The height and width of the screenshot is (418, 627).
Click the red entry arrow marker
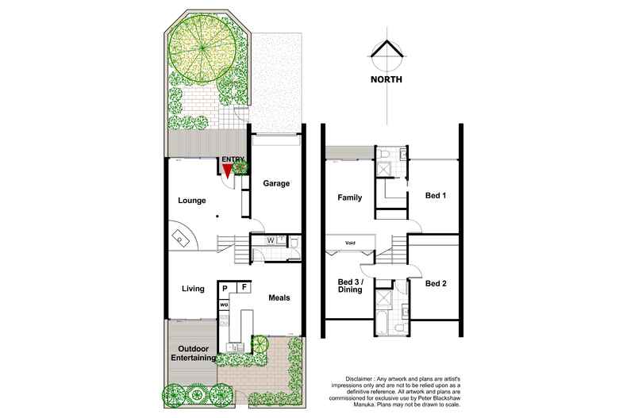pyautogui.click(x=227, y=171)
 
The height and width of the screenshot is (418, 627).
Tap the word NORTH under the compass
pyautogui.click(x=387, y=79)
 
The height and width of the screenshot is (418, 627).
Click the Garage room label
pyautogui.click(x=276, y=183)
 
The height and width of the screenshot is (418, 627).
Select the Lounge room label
pyautogui.click(x=192, y=201)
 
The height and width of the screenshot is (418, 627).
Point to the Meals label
pyautogui.click(x=279, y=297)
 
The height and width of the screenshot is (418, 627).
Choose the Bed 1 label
pyautogui.click(x=436, y=195)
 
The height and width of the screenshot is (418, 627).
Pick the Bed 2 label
pyautogui.click(x=436, y=283)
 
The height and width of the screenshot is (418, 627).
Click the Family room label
pyautogui.click(x=349, y=197)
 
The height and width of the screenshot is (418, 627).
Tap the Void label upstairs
pyautogui.click(x=350, y=243)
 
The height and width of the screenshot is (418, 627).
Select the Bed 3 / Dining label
pyautogui.click(x=350, y=286)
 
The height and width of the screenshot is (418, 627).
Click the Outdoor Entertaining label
pyautogui.click(x=194, y=353)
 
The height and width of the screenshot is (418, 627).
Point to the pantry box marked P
pyautogui.click(x=225, y=288)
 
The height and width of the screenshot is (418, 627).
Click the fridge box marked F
pyautogui.click(x=244, y=287)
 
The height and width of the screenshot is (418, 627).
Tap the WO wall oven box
pyautogui.click(x=224, y=305)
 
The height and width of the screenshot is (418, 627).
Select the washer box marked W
pyautogui.click(x=271, y=240)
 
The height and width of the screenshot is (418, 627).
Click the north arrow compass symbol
pyautogui.click(x=387, y=54)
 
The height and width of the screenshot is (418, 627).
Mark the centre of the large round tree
pyautogui.click(x=202, y=49)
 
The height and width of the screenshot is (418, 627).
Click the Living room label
pyautogui.click(x=193, y=289)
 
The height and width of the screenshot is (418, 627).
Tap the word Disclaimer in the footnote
pyautogui.click(x=359, y=378)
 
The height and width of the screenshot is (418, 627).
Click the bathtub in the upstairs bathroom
pyautogui.click(x=382, y=324)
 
